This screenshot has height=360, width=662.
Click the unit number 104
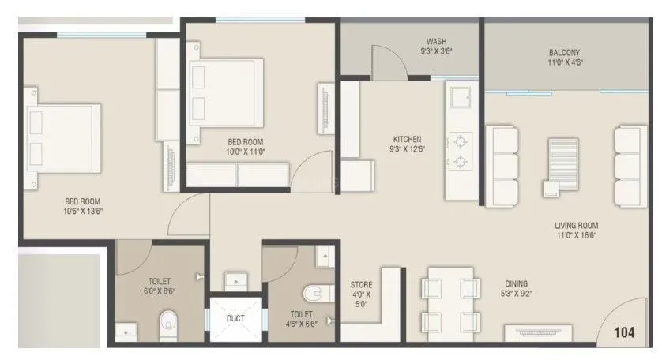624,333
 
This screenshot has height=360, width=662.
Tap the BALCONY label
565,54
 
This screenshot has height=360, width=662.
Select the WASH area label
437,42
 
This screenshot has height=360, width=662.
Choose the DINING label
517,284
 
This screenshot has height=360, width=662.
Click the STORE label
362,285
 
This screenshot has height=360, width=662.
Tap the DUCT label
235,319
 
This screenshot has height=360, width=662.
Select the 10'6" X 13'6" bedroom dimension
84,211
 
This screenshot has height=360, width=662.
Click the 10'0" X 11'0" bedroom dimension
246,151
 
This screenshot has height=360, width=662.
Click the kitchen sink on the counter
459,98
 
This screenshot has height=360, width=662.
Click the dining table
449,303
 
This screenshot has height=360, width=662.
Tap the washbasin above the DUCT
235,281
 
